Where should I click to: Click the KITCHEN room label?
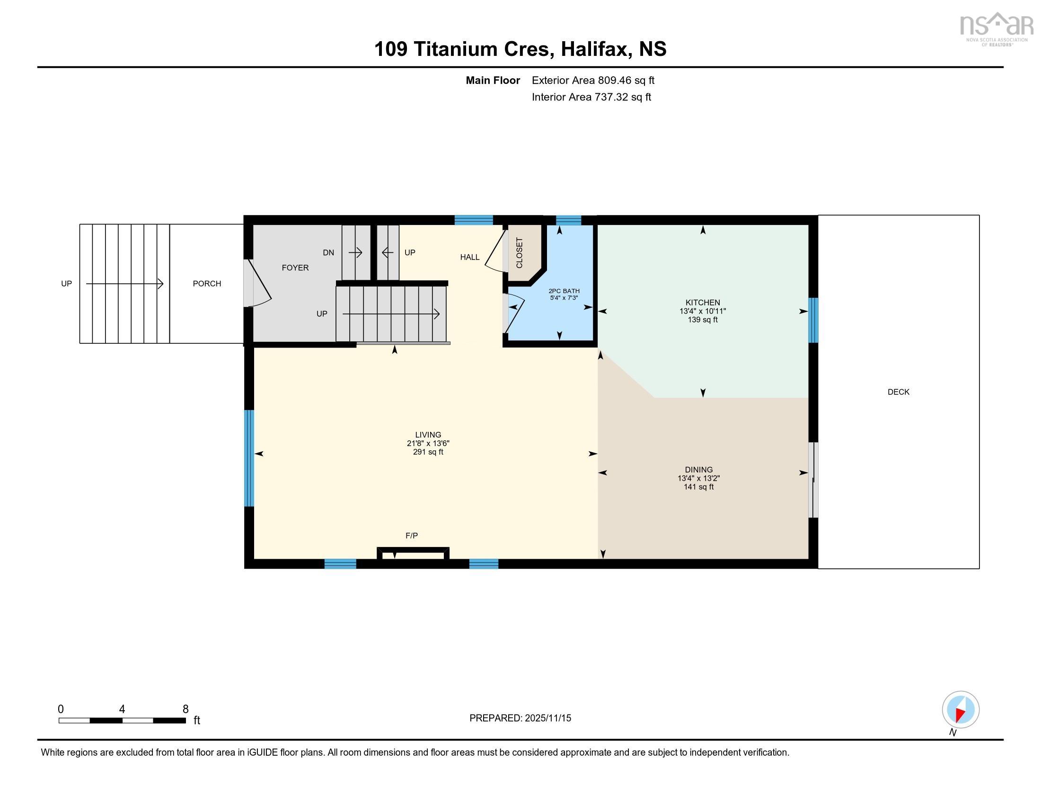click(x=702, y=303)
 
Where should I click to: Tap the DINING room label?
click(x=698, y=470)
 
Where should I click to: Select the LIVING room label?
click(x=428, y=435)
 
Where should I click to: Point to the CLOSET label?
click(x=520, y=253)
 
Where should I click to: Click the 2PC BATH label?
click(x=564, y=291)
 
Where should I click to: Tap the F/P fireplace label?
click(x=411, y=536)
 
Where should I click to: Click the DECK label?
click(x=898, y=392)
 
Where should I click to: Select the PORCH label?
click(x=207, y=284)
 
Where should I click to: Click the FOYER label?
click(x=295, y=268)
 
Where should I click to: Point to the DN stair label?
click(x=328, y=253)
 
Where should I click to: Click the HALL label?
click(x=469, y=258)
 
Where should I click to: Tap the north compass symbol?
click(x=961, y=709)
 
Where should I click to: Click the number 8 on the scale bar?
click(x=185, y=709)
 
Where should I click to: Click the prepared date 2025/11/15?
click(x=547, y=718)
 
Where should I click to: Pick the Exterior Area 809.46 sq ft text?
click(x=593, y=80)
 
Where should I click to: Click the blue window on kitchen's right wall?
click(x=813, y=321)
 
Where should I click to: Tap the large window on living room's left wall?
click(x=249, y=458)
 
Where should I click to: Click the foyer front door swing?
click(x=259, y=284)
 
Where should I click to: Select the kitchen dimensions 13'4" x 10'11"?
click(x=702, y=312)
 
